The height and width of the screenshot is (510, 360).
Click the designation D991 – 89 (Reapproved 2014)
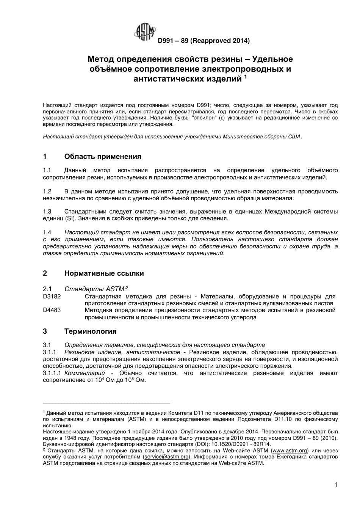click(x=203, y=40)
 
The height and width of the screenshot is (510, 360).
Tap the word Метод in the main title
click(x=101, y=60)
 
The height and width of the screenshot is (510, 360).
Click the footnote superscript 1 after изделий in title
click(x=245, y=77)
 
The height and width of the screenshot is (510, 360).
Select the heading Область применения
click(x=103, y=157)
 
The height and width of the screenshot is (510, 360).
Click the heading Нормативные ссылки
click(x=104, y=273)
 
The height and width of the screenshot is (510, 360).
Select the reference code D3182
click(x=52, y=296)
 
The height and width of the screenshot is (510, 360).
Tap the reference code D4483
click(x=52, y=310)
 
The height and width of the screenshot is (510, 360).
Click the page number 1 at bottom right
click(x=336, y=485)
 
